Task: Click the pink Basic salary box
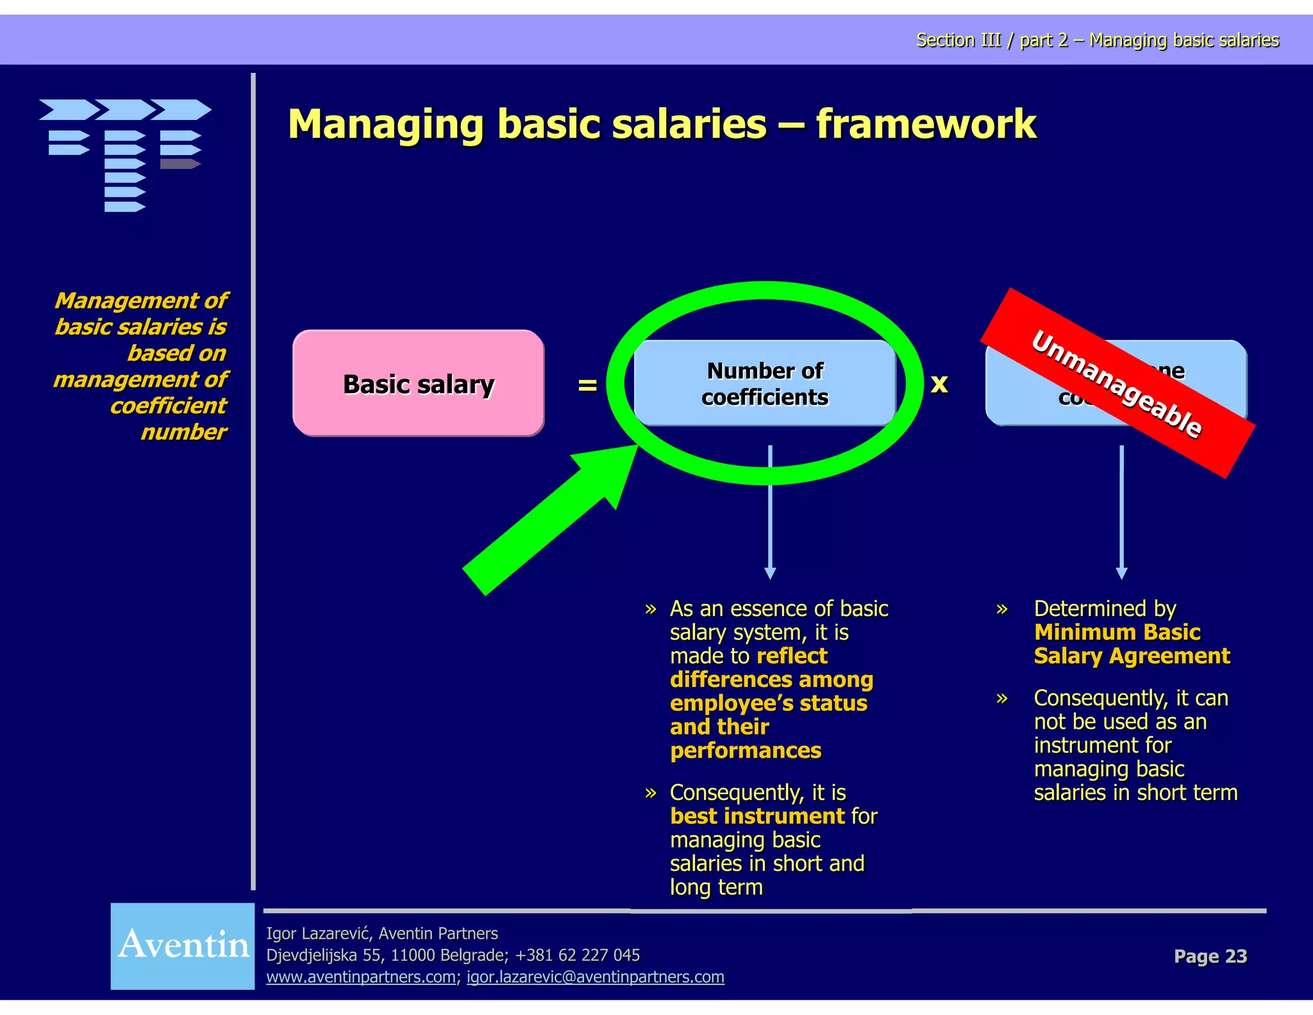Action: pyautogui.click(x=418, y=384)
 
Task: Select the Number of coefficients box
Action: pyautogui.click(x=764, y=384)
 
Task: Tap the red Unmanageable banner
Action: pyautogui.click(x=1117, y=384)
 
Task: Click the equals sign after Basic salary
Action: pyautogui.click(x=587, y=385)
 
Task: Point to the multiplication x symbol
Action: pyautogui.click(x=939, y=384)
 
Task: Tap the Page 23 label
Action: pyautogui.click(x=1210, y=956)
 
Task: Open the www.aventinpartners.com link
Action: pyautogui.click(x=361, y=977)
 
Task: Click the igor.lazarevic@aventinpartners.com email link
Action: pyautogui.click(x=595, y=977)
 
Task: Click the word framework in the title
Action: pyautogui.click(x=926, y=124)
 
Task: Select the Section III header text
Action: pyautogui.click(x=1097, y=40)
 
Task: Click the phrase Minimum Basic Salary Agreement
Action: pyautogui.click(x=1131, y=644)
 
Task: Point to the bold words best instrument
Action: pyautogui.click(x=757, y=816)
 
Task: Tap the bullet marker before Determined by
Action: pyautogui.click(x=1002, y=609)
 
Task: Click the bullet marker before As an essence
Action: pyautogui.click(x=651, y=609)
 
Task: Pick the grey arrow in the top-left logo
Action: pyautogui.click(x=180, y=164)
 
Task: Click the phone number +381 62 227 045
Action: pyautogui.click(x=577, y=955)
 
